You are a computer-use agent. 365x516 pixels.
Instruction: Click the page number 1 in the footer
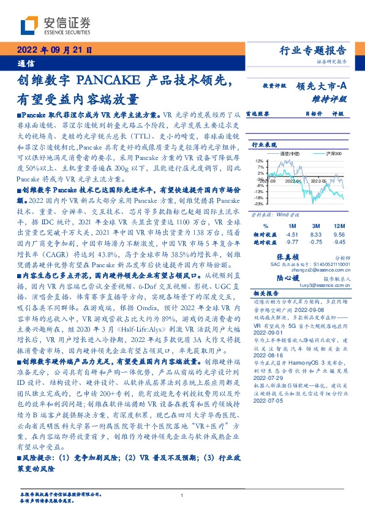pyautogui.click(x=182, y=495)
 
